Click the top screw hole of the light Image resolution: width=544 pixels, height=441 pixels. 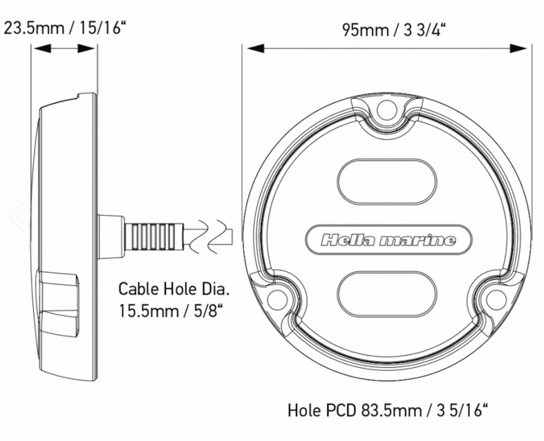pyautogui.click(x=387, y=110)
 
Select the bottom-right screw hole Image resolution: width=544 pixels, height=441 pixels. pyautogui.click(x=496, y=299)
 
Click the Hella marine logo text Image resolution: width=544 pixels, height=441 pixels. pyautogui.click(x=388, y=240)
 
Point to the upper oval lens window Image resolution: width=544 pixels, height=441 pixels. pyautogui.click(x=387, y=182)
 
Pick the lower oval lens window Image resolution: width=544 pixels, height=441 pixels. pyautogui.click(x=387, y=294)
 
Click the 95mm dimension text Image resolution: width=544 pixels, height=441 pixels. pyautogui.click(x=365, y=30)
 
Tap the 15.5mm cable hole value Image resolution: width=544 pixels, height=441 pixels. pyautogui.click(x=148, y=310)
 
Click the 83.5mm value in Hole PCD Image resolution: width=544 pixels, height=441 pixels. pyautogui.click(x=391, y=411)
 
